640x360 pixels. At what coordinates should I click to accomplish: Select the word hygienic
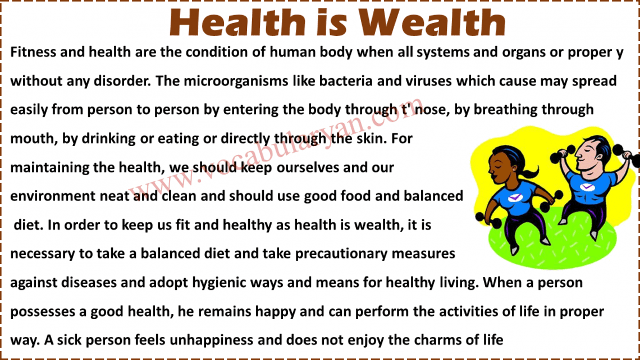pos(233,282)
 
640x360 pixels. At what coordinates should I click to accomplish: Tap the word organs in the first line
pos(518,52)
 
